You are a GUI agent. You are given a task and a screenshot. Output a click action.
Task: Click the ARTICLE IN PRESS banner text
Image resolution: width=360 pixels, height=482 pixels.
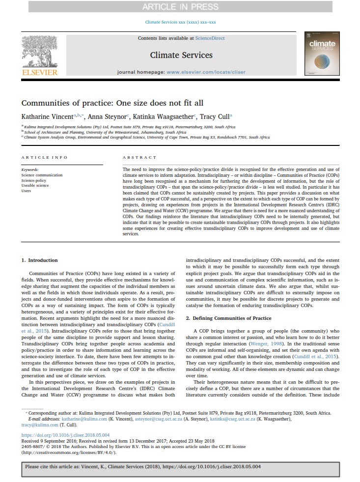[180, 6]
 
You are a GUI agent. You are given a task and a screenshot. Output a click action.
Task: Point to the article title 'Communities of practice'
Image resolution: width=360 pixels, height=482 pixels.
[112, 103]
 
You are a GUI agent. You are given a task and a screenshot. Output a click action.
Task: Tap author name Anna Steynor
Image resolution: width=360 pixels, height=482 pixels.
[107, 117]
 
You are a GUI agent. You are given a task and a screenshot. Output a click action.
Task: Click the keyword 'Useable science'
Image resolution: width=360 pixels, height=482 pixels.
[35, 185]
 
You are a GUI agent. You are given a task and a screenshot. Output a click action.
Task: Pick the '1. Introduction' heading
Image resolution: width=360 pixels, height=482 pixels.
[40, 260]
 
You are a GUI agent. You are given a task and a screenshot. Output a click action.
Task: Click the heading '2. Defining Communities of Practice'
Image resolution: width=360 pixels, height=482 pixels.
[228, 318]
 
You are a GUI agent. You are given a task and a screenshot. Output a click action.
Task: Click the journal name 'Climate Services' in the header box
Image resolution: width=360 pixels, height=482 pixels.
[181, 55]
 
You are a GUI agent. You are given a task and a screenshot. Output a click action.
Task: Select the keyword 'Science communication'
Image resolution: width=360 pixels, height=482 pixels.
[42, 175]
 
